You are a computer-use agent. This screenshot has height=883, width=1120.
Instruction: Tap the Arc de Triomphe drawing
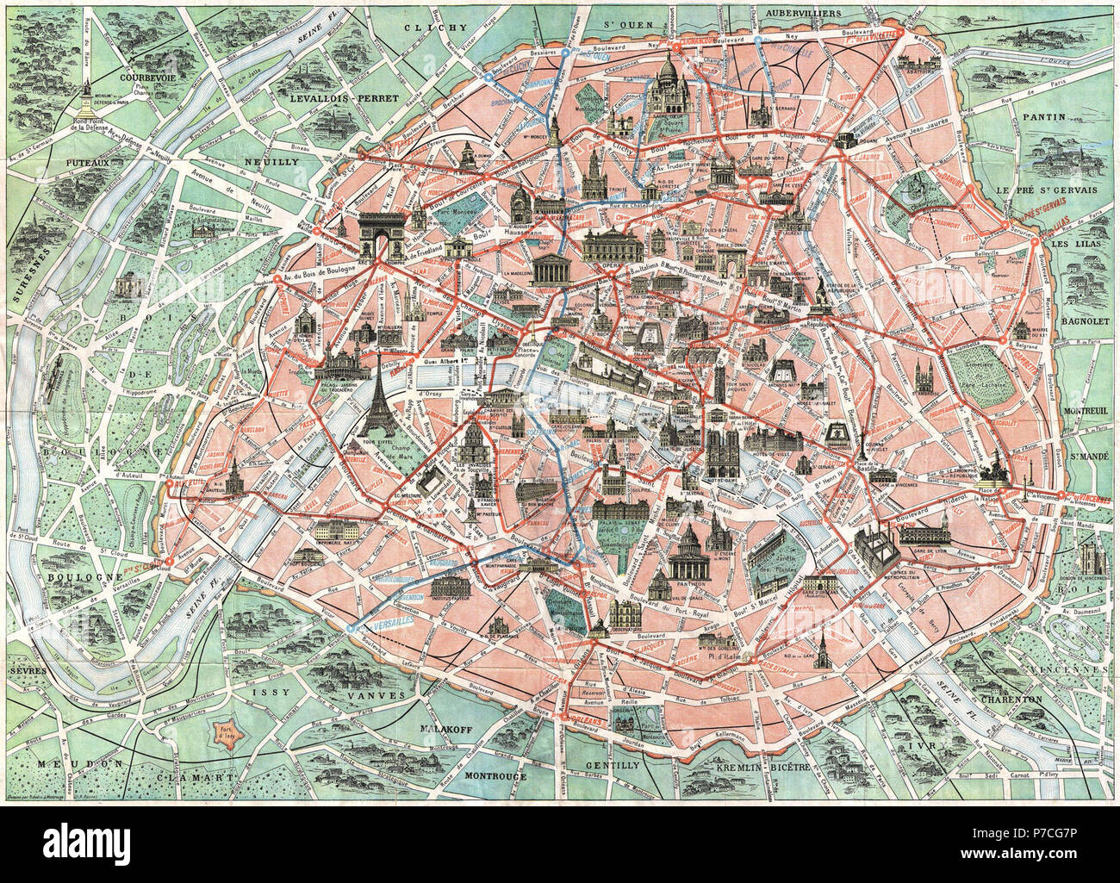tap(382, 234)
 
